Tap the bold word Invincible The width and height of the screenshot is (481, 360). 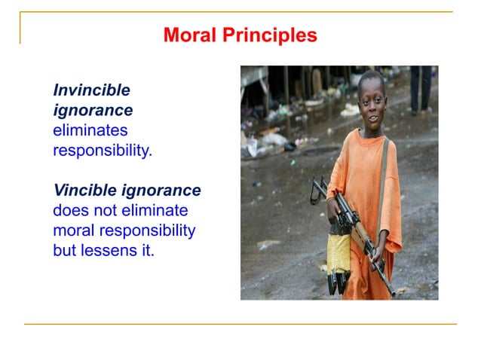91,90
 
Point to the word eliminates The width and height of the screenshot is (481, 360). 90,130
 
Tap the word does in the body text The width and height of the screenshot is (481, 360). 69,210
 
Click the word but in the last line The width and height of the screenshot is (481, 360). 65,250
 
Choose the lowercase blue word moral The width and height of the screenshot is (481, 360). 73,230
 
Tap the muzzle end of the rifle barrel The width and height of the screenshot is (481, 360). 392,293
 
